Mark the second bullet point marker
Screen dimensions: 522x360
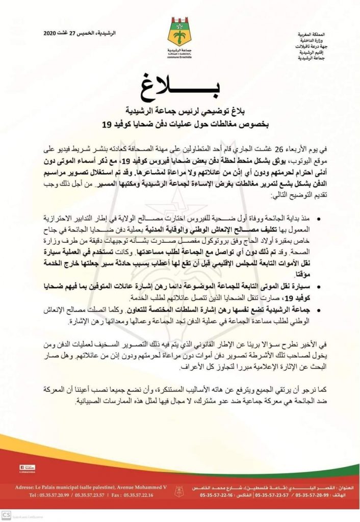pyautogui.click(x=319, y=282)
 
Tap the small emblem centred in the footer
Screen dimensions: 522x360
pyautogui.click(x=180, y=492)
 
